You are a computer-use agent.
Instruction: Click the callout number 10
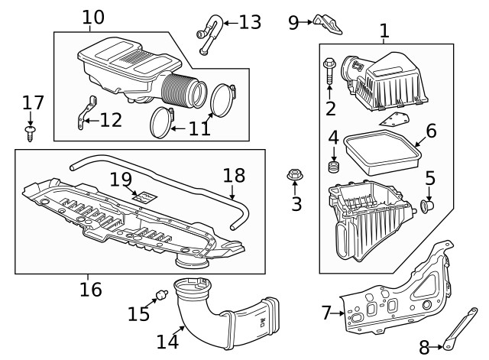coord(92,16)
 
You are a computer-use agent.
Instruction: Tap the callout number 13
coord(249,21)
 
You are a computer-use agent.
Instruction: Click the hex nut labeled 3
coord(294,177)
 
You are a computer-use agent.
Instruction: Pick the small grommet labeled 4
coord(333,167)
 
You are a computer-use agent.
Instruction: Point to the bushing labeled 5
coord(429,205)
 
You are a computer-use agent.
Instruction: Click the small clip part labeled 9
coord(328,23)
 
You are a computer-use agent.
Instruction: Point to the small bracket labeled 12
coord(86,112)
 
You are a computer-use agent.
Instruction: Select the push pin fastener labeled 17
coord(31,134)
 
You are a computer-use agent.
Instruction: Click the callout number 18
coord(235,175)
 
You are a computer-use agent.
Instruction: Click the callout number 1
coord(384,31)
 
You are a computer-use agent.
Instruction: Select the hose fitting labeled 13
coord(209,34)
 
